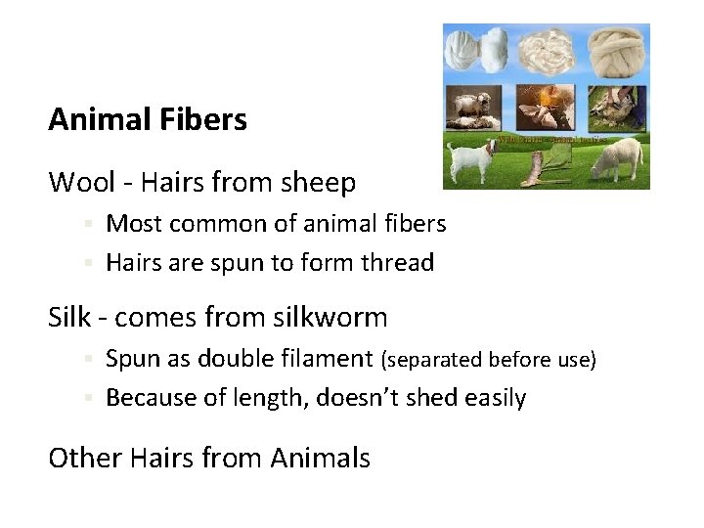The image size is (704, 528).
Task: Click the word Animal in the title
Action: coord(95,120)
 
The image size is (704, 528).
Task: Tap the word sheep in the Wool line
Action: coord(321,183)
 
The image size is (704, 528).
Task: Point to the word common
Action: coord(216,224)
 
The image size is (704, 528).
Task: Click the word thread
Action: coord(399,263)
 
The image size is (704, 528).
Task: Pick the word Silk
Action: coord(68,317)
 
